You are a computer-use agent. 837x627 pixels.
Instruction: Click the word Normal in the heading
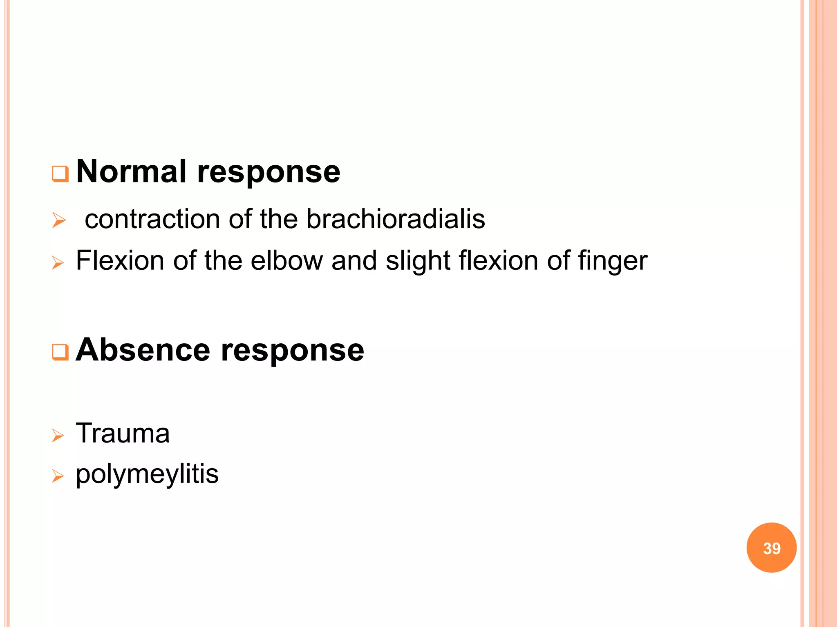(x=131, y=172)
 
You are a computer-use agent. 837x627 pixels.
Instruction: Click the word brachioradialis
(x=396, y=219)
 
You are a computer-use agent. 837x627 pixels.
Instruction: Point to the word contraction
(x=152, y=219)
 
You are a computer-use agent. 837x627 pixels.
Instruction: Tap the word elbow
(x=286, y=260)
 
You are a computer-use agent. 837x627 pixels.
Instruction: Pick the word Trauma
(x=123, y=433)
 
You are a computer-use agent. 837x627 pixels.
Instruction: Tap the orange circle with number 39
(x=771, y=548)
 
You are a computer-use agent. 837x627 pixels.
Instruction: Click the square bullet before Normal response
(x=60, y=174)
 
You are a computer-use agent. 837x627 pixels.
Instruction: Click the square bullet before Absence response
(x=60, y=352)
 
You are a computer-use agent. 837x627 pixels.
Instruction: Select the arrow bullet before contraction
(x=59, y=221)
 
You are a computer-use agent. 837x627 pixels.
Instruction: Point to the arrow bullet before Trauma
(x=58, y=436)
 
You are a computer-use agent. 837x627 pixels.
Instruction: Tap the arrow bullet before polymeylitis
(x=58, y=476)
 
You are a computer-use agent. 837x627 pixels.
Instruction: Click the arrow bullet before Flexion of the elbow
(x=58, y=263)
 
